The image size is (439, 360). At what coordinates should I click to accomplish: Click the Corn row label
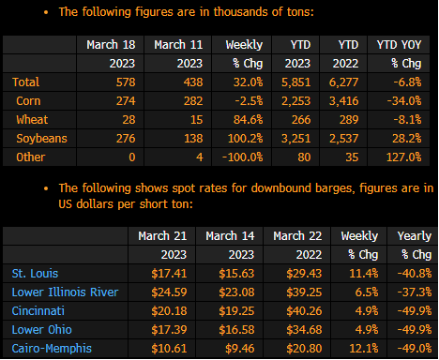28,101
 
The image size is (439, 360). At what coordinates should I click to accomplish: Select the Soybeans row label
41,139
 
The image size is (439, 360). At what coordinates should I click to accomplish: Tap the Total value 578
126,82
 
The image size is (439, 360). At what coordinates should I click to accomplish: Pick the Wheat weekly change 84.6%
249,120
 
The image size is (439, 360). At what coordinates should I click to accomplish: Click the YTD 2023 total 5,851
296,82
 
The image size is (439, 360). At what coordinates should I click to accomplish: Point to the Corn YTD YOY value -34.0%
404,101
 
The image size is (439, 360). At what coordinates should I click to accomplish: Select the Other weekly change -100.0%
243,157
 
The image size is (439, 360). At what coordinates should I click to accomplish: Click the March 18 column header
111,45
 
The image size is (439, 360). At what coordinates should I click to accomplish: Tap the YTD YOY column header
400,45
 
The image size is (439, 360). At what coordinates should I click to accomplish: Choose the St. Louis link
35,274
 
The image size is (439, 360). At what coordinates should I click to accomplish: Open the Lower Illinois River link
65,292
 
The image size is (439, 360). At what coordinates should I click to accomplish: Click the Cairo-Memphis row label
52,349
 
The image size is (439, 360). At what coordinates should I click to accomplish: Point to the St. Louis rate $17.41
169,274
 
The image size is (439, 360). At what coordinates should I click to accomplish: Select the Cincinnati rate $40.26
304,311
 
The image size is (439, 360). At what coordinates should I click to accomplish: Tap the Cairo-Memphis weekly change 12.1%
364,349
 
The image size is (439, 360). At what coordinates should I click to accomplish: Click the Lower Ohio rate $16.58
236,330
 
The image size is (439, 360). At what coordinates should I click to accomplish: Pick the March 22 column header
297,236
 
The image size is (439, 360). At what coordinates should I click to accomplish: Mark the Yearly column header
415,236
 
